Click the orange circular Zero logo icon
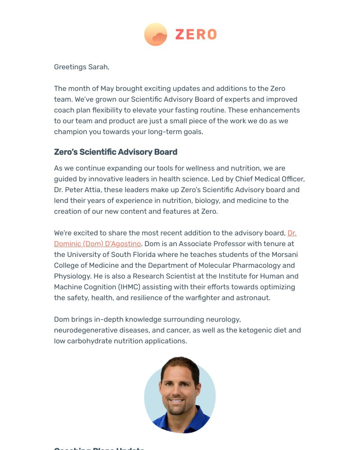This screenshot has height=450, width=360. (x=155, y=34)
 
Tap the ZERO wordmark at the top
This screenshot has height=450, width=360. (x=196, y=35)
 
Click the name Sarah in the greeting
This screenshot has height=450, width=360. (x=98, y=67)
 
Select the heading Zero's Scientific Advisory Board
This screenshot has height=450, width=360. (x=116, y=152)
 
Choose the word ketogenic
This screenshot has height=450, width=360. (x=254, y=330)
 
